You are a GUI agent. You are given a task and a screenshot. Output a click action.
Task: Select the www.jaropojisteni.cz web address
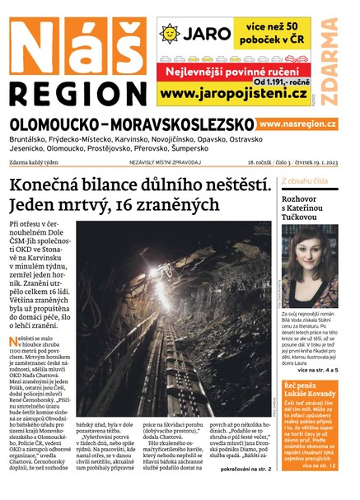[x=230, y=95]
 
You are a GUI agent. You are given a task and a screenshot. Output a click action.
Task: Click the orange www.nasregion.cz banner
[x=297, y=124]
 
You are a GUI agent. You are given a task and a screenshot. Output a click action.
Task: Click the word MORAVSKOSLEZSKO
[x=183, y=124]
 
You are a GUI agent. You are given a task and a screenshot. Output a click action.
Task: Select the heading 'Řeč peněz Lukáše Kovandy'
[x=307, y=389]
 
